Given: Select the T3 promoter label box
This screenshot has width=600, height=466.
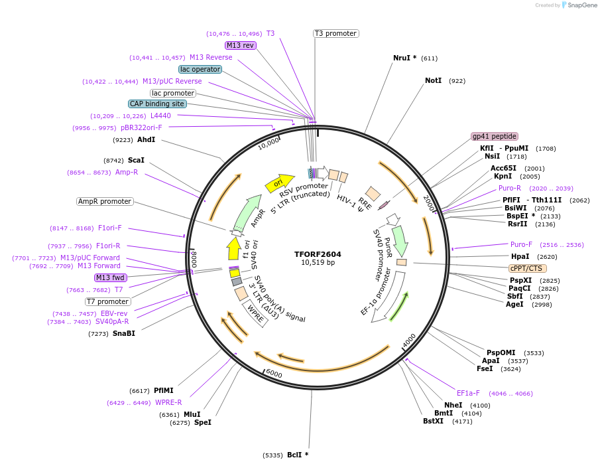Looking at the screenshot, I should point(335,33).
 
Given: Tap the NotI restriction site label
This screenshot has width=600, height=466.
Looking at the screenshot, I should point(433,80).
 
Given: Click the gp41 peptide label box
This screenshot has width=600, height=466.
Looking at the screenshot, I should point(494,136).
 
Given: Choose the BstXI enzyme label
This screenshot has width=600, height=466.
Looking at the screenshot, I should point(433,421).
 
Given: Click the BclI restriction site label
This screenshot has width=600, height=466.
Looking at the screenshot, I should point(298,455).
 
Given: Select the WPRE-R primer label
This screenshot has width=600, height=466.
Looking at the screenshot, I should point(168,402).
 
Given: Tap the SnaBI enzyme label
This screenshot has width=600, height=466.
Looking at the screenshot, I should point(123,333).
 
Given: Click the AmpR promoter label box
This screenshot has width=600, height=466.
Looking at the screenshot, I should point(105,201).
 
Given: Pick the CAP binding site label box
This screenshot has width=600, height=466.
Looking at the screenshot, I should point(157,104).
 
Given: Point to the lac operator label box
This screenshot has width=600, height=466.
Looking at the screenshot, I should point(200,69).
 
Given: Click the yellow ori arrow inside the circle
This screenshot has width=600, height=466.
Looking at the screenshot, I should point(279,183).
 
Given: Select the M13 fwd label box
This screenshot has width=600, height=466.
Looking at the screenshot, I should point(110,277).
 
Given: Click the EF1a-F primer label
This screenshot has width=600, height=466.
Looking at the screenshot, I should point(468,393).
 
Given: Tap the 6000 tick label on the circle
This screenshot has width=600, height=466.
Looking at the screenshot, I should point(274,374).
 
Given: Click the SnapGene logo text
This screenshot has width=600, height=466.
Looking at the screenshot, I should point(580,5).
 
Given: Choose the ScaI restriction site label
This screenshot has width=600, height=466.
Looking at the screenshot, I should point(136,160).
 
